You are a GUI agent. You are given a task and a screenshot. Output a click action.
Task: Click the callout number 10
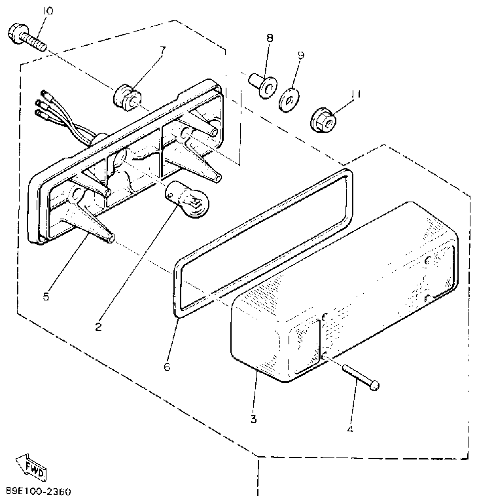pyautogui.click(x=49, y=10)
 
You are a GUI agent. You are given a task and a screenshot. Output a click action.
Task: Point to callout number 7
pyautogui.click(x=162, y=50)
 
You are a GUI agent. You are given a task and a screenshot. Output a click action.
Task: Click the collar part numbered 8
pyautogui.click(x=262, y=84)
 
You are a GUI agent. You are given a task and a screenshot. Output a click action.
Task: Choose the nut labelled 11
pyautogui.click(x=323, y=119)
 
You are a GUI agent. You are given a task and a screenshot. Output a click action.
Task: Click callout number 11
pyautogui.click(x=356, y=94)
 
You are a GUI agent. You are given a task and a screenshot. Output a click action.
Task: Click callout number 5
pyautogui.click(x=45, y=296)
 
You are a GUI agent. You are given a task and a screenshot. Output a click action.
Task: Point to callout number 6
pyautogui.click(x=166, y=367)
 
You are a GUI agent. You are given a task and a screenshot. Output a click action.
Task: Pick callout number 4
pyautogui.click(x=351, y=430)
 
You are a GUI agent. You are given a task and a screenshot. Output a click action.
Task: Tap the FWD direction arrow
pyautogui.click(x=31, y=467)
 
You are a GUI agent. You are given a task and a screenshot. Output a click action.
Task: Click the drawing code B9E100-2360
pyautogui.click(x=39, y=491)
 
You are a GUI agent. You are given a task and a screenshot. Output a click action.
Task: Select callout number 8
pyautogui.click(x=269, y=38)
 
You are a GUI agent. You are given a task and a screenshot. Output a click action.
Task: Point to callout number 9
pyautogui.click(x=300, y=55)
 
